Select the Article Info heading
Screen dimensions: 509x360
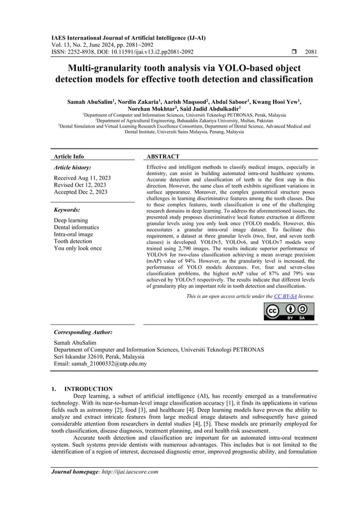coord(69,156)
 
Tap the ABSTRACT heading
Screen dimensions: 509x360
coord(163,156)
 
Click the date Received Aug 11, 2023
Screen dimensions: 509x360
coord(82,178)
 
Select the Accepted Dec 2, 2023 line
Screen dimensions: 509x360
coord(80,192)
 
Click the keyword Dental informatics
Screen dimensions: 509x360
coord(76,227)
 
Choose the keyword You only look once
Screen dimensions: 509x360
coord(78,248)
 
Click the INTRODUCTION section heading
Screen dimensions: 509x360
coord(89,389)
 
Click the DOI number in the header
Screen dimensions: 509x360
coord(138,52)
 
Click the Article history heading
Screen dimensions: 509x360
coord(72,168)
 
